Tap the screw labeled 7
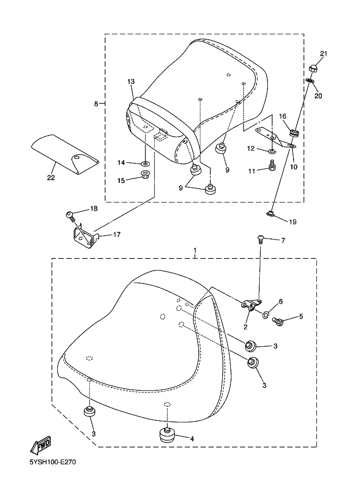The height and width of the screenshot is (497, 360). click(260, 238)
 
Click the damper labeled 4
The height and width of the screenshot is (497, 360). click(166, 435)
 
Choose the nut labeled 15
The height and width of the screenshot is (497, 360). click(145, 175)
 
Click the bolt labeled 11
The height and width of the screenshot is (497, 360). click(271, 168)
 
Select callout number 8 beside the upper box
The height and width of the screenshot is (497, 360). click(96, 103)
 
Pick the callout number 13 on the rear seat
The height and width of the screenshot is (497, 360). click(131, 81)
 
